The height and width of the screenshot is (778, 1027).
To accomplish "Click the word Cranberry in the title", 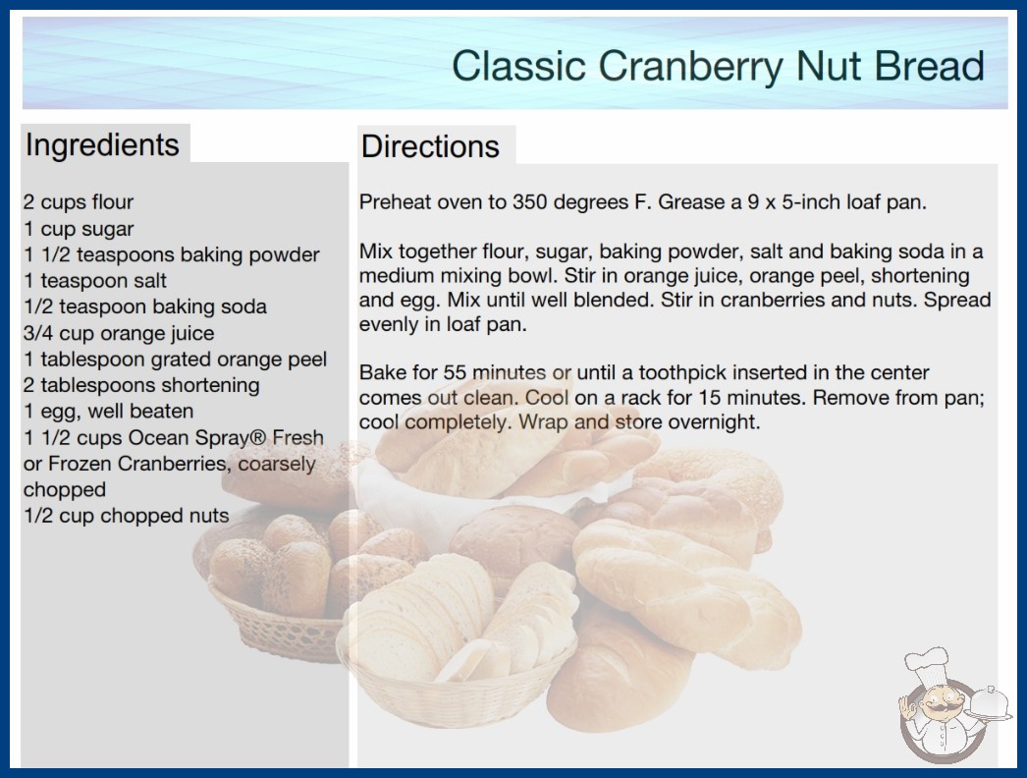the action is (x=690, y=67).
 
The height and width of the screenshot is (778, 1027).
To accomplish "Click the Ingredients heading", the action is (x=102, y=145).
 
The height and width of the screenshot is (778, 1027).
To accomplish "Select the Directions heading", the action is (x=430, y=146).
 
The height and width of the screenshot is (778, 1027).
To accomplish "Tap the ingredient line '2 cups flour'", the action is (x=78, y=202).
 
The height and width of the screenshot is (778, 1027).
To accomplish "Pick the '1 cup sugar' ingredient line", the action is (x=78, y=229).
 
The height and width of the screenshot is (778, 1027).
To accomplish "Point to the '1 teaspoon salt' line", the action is (x=94, y=281).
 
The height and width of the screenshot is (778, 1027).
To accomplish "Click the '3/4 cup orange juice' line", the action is (x=119, y=333).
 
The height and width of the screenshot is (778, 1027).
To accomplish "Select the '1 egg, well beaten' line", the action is (x=108, y=411).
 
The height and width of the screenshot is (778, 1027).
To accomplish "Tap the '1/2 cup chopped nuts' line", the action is (x=126, y=516).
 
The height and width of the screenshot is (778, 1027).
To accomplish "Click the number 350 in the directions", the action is (x=529, y=202).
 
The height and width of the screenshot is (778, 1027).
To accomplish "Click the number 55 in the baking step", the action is (x=455, y=373).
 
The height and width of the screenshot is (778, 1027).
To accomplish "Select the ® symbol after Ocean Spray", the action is (x=259, y=437).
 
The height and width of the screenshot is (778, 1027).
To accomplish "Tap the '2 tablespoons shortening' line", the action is (x=140, y=385).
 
